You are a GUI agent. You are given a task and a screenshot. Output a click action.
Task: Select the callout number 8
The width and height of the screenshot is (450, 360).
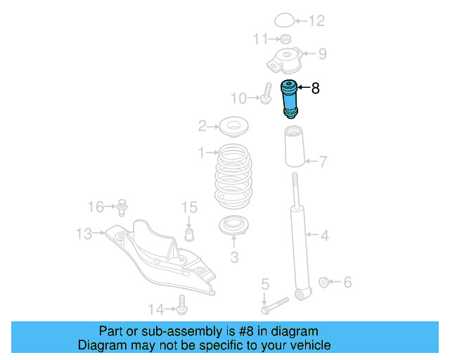pos(315,89)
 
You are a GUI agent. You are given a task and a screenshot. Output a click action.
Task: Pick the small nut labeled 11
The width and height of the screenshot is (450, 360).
pos(285,39)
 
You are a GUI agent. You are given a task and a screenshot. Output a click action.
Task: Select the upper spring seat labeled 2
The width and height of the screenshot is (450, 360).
pos(233,127)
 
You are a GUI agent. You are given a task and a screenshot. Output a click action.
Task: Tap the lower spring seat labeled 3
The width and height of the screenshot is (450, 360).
pos(234,227)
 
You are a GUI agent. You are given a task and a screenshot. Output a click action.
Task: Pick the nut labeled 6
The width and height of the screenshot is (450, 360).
pos(324,283)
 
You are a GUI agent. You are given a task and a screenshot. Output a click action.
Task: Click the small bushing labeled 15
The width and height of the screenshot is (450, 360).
pos(188,232)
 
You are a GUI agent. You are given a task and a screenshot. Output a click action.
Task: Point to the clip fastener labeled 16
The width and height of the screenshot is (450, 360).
pos(123,206)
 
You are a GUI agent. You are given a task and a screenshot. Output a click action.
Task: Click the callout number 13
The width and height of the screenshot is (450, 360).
pos(84,233)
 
